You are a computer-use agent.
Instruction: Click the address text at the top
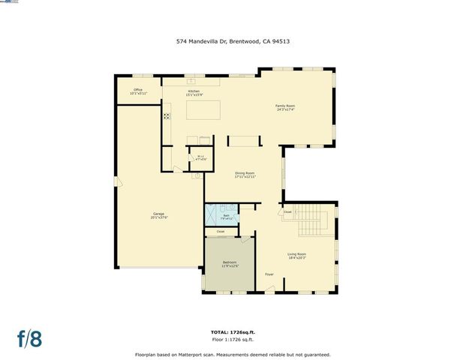click(x=233, y=43)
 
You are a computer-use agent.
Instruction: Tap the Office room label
click(x=138, y=92)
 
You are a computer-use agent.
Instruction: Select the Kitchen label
click(x=194, y=92)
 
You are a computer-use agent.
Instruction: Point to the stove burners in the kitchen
click(x=167, y=116)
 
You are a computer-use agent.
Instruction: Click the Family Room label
click(x=285, y=108)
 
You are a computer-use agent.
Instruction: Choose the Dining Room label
click(x=245, y=175)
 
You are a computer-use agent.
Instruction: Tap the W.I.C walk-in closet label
click(x=200, y=158)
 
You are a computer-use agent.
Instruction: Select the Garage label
click(x=158, y=215)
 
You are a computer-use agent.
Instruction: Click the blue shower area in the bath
click(x=212, y=214)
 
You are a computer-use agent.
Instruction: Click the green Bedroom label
click(x=230, y=264)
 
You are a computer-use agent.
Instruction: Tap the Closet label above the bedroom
click(x=220, y=232)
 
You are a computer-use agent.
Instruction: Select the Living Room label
click(x=296, y=256)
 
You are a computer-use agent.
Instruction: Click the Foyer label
click(x=269, y=274)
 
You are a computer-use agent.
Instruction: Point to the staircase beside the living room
click(x=318, y=220)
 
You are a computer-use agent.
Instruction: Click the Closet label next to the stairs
click(x=287, y=212)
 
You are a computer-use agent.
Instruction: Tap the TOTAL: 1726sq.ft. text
click(x=233, y=331)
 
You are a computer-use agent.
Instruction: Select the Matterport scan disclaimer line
click(x=233, y=355)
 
